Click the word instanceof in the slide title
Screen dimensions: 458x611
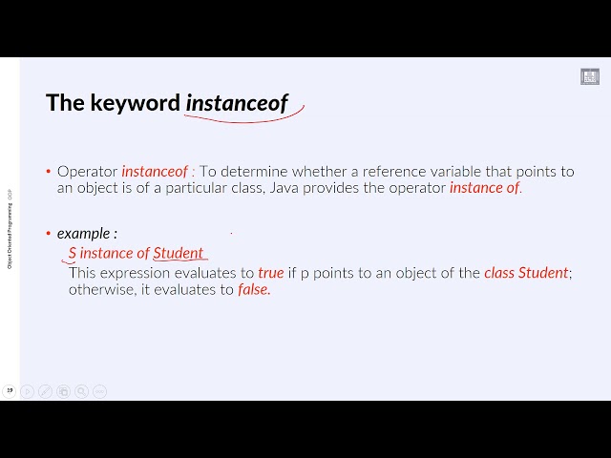pyautogui.click(x=237, y=103)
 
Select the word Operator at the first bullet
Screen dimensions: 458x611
pyautogui.click(x=87, y=172)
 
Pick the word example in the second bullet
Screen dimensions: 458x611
pyautogui.click(x=83, y=233)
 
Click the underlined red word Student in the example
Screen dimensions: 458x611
pyautogui.click(x=179, y=253)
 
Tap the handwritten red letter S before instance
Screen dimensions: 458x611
pyautogui.click(x=73, y=253)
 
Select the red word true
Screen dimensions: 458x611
pyautogui.click(x=271, y=273)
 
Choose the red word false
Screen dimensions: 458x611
pyautogui.click(x=254, y=290)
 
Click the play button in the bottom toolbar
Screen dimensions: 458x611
pyautogui.click(x=27, y=391)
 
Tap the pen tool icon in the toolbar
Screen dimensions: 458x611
pyautogui.click(x=45, y=391)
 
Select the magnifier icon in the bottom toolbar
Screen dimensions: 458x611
pyautogui.click(x=81, y=391)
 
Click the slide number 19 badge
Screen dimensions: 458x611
pyautogui.click(x=10, y=390)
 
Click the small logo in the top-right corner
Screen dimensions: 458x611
pyautogui.click(x=590, y=76)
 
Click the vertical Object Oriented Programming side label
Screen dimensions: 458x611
pyautogui.click(x=10, y=229)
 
